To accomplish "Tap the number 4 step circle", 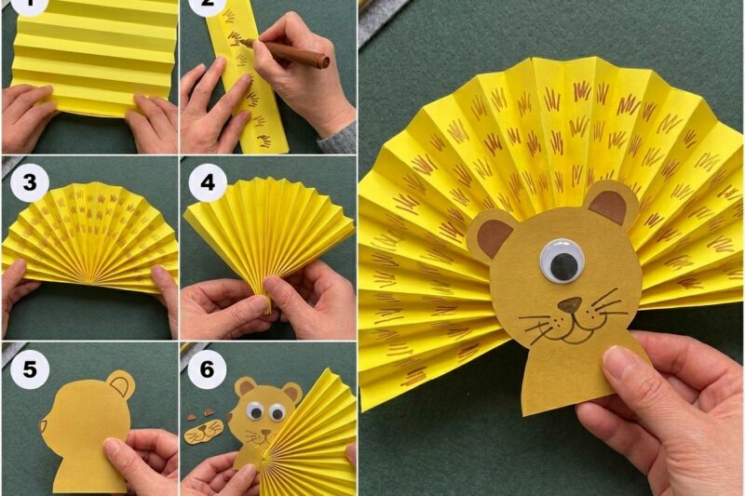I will [x=208, y=183].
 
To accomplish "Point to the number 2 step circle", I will [x=208, y=6].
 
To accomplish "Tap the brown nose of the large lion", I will [x=569, y=305].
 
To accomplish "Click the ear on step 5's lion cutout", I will [x=120, y=383].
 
